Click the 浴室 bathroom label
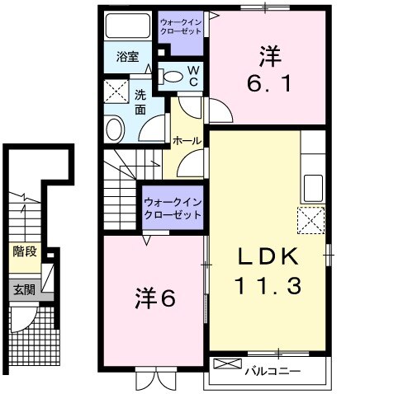pos(126,57)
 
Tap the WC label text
pos(192,76)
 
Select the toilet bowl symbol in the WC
pos(173,77)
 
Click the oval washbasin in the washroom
pos(114,129)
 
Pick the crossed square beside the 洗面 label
pos(114,90)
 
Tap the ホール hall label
pos(187,141)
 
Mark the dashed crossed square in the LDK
pos(310,219)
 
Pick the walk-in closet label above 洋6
pos(173,208)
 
